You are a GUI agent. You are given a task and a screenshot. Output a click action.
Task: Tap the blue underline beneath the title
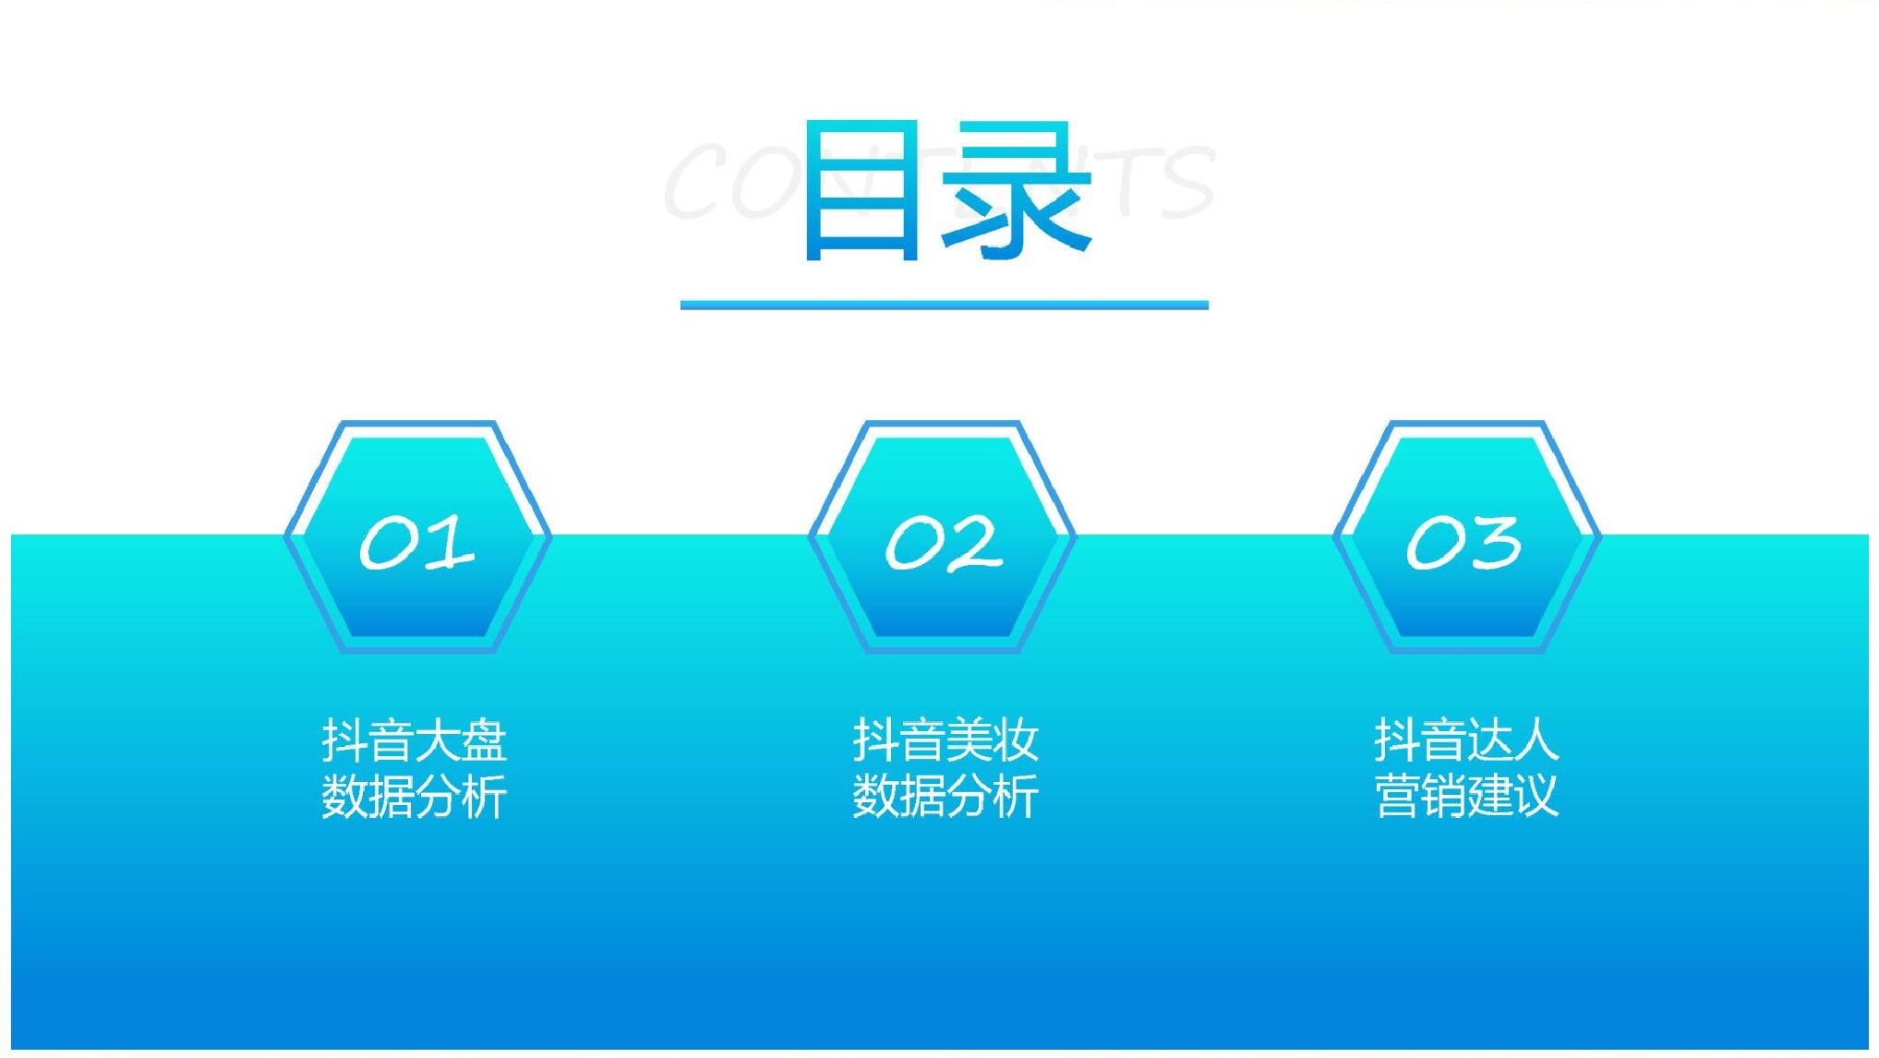[x=944, y=305]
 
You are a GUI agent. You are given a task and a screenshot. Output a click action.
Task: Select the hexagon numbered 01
[x=417, y=537]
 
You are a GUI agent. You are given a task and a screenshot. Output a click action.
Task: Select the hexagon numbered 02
[x=942, y=537]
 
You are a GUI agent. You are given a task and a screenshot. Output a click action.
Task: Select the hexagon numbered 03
[x=1466, y=537]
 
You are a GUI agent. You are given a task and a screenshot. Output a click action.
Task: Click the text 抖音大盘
[x=415, y=740]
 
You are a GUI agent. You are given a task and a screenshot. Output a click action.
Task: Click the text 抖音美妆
[x=945, y=740]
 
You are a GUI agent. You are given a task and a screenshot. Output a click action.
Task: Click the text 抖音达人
[x=1466, y=740]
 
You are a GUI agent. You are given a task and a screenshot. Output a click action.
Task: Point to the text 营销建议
[x=1466, y=796]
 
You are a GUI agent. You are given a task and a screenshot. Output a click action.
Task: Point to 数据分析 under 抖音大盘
[x=415, y=796]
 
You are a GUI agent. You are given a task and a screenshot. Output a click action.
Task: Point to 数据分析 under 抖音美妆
[x=945, y=796]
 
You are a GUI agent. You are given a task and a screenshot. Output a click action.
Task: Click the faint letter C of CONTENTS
[x=698, y=181]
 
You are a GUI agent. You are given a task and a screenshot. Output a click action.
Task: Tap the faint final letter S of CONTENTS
[x=1186, y=183]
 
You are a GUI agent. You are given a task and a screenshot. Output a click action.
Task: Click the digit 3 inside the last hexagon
[x=1496, y=543]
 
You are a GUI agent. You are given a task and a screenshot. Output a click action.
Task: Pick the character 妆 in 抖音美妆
[x=1015, y=740]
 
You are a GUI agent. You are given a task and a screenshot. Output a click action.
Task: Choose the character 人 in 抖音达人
[x=1536, y=740]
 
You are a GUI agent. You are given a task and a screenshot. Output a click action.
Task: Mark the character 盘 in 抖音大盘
[x=484, y=740]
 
